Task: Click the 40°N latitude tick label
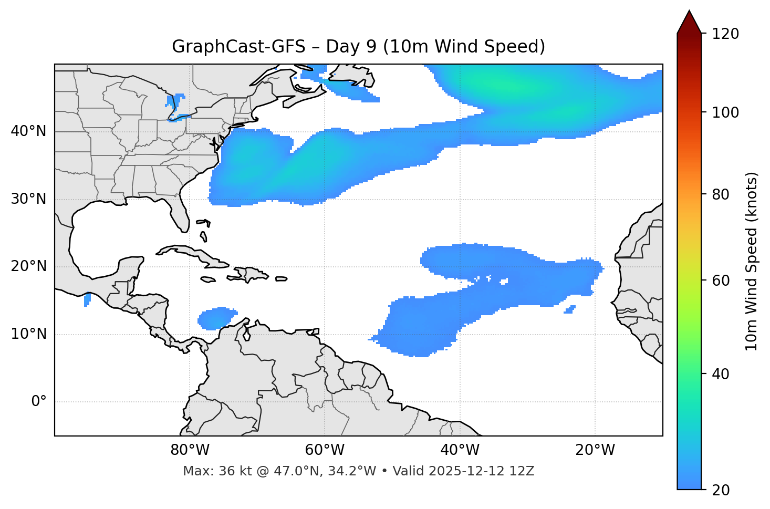pos(28,131)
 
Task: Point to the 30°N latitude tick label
pos(28,199)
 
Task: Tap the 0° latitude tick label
pos(39,402)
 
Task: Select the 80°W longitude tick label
pos(190,450)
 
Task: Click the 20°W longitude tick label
pos(595,450)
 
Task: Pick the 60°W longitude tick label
pos(325,450)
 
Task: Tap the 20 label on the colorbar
pos(721,490)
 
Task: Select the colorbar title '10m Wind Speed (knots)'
pos(752,261)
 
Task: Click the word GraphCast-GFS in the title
pos(238,47)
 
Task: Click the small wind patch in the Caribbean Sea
pos(216,318)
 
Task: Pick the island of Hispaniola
pos(251,274)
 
